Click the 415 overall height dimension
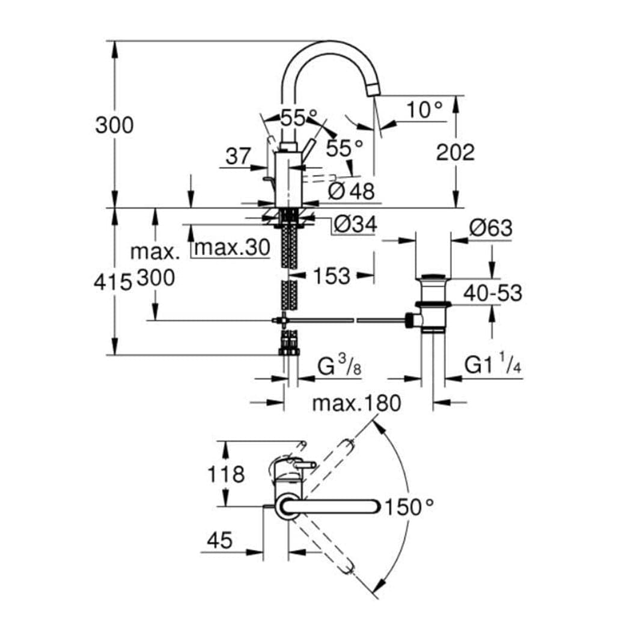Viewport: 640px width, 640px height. [x=113, y=282]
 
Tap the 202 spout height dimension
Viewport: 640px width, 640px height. [x=456, y=153]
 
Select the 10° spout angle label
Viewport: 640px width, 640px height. [x=424, y=109]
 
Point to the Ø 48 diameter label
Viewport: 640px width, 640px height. [x=351, y=190]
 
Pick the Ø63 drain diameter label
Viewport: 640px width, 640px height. [x=490, y=228]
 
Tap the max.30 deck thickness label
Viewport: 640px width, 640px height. [x=232, y=248]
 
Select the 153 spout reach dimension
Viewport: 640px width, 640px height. [x=332, y=276]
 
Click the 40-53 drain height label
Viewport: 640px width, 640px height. [x=493, y=293]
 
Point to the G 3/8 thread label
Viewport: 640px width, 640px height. [x=340, y=366]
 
